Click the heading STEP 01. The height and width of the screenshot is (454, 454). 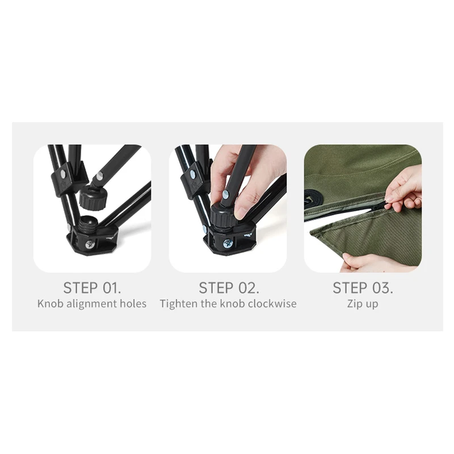92,288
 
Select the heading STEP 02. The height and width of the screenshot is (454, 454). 229,288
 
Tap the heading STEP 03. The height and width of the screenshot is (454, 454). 363,288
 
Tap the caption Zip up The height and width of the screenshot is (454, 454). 363,304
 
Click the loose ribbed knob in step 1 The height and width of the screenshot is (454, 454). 91,197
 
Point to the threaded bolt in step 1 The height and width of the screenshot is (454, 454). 89,222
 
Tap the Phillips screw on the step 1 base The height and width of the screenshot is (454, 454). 90,245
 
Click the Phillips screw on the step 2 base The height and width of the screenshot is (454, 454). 228,244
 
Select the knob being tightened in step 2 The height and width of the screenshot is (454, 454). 222,216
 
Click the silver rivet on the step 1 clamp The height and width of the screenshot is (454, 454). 63,174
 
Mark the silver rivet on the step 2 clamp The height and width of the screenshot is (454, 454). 192,175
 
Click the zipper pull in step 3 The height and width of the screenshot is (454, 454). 388,206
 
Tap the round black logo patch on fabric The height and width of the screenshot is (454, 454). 311,199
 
